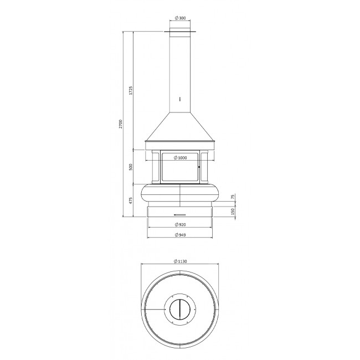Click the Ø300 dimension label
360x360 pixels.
click(180, 18)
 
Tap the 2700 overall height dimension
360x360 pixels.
click(121, 124)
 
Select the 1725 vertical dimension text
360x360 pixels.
click(131, 90)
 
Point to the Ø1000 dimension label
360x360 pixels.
click(180, 158)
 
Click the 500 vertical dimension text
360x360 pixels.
click(131, 167)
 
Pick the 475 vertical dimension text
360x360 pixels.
click(131, 200)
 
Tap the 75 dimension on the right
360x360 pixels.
click(233, 197)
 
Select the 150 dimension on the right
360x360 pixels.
click(233, 211)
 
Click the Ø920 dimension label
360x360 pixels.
click(180, 224)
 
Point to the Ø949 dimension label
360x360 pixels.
click(180, 235)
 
